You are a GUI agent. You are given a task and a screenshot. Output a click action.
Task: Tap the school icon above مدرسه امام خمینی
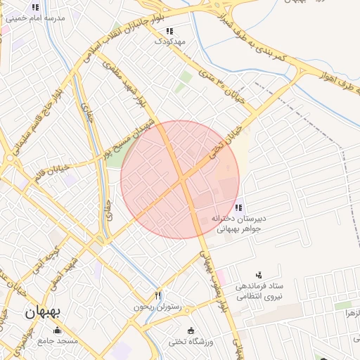[x=35, y=6]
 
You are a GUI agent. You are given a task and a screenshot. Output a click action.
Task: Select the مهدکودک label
[x=170, y=41]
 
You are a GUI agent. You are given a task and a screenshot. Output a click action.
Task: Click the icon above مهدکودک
[x=169, y=31]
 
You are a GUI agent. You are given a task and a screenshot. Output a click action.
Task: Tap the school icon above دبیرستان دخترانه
[x=239, y=207]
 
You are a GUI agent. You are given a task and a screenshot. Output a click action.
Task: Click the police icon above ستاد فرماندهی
[x=259, y=275]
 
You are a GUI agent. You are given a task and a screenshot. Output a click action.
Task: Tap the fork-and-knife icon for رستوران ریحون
[x=157, y=296]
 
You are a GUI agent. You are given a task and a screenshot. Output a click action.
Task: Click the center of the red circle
[x=180, y=179]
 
